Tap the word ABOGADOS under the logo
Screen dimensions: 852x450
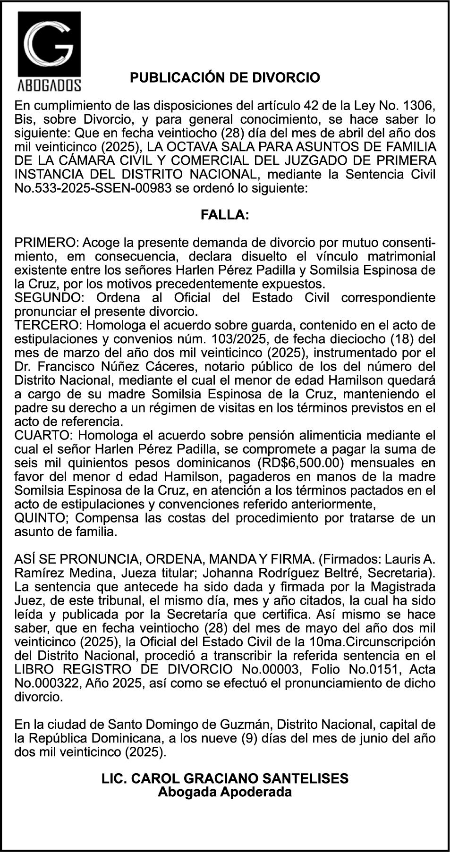pyautogui.click(x=49, y=85)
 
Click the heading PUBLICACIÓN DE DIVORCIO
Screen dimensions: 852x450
pyautogui.click(x=225, y=77)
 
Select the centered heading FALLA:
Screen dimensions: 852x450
pyautogui.click(x=225, y=215)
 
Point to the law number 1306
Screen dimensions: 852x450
pyautogui.click(x=419, y=105)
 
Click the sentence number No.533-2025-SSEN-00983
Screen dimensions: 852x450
pyautogui.click(x=93, y=189)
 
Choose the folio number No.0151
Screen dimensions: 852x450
pyautogui.click(x=347, y=669)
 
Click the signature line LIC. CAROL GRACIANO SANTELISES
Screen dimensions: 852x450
pyautogui.click(x=225, y=778)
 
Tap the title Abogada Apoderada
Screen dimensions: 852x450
pyautogui.click(x=225, y=792)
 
